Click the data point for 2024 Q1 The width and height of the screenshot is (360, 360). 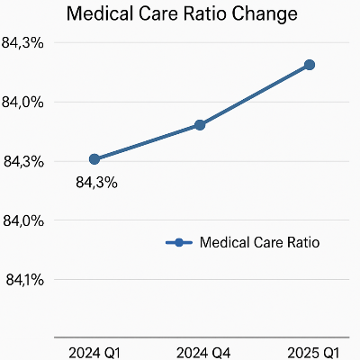(x=94, y=159)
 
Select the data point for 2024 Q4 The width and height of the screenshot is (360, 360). (x=201, y=125)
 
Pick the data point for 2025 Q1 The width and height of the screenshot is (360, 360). (x=309, y=65)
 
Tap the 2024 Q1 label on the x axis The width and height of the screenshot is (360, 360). (x=95, y=350)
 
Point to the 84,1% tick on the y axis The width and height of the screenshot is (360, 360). (x=24, y=280)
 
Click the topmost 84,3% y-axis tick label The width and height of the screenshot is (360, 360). (x=24, y=43)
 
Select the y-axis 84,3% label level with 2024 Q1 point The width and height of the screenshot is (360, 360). (x=24, y=162)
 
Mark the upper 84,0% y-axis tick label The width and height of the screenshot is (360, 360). (x=24, y=103)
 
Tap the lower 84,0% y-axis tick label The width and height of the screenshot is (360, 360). (x=24, y=220)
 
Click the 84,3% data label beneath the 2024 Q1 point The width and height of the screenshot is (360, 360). (x=96, y=183)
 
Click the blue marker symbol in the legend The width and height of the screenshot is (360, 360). (x=178, y=242)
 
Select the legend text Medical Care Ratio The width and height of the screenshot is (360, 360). (x=259, y=242)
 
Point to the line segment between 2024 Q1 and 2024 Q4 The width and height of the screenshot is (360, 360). (x=148, y=142)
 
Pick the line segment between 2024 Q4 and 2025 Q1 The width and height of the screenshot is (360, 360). (x=255, y=95)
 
